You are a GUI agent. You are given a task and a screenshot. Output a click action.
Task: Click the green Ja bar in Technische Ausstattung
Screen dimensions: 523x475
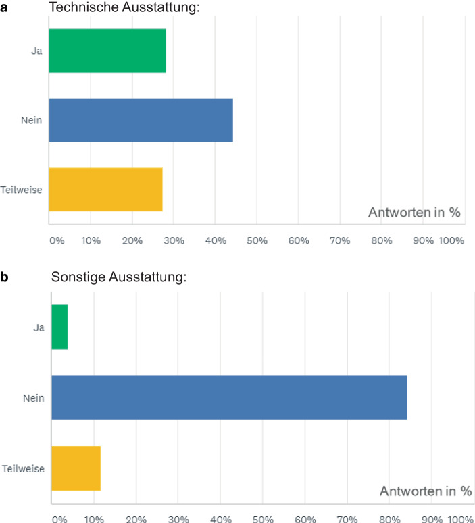pyautogui.click(x=107, y=51)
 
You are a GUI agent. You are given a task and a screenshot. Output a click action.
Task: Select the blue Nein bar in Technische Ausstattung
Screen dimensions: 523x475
pyautogui.click(x=141, y=120)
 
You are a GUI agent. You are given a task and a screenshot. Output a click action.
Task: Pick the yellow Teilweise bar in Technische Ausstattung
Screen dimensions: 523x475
pyautogui.click(x=106, y=189)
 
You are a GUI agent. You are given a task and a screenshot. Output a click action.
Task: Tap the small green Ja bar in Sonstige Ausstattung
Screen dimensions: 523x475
pyautogui.click(x=60, y=327)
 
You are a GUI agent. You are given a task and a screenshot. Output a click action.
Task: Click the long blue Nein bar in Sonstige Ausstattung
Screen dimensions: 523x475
pyautogui.click(x=230, y=397)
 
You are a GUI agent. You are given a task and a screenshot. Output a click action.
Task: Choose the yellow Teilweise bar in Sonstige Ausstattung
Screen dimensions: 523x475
pyautogui.click(x=76, y=468)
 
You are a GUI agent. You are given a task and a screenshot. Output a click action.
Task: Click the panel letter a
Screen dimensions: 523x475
pyautogui.click(x=5, y=8)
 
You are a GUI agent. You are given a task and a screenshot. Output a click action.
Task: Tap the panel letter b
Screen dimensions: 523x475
pyautogui.click(x=5, y=277)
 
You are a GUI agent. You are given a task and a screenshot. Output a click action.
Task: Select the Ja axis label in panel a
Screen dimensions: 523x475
pyautogui.click(x=37, y=51)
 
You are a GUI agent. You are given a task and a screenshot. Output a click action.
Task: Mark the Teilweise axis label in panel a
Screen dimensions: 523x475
pyautogui.click(x=22, y=190)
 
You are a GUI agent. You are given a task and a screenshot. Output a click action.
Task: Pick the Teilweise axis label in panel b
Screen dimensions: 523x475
pyautogui.click(x=24, y=468)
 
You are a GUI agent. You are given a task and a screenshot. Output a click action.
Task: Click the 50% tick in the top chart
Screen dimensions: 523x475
pyautogui.click(x=256, y=241)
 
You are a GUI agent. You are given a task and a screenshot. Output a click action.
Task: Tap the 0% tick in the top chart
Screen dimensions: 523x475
pyautogui.click(x=57, y=241)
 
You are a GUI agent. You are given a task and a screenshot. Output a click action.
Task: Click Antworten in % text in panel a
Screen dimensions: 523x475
pyautogui.click(x=414, y=213)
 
